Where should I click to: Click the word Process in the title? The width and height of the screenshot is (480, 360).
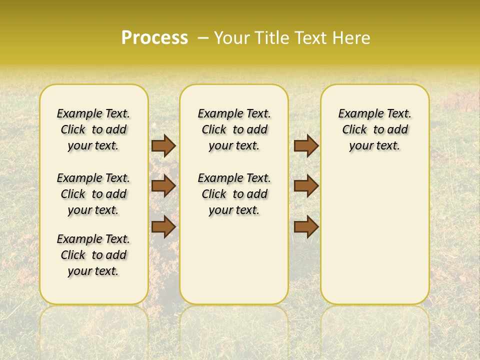coord(154,38)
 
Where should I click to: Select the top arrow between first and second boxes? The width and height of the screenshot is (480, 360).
coord(163,146)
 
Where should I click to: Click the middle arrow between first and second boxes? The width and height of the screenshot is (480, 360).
coord(163,186)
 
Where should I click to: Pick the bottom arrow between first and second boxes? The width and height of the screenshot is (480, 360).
coord(163,226)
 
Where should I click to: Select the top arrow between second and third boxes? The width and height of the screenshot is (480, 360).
coord(306,146)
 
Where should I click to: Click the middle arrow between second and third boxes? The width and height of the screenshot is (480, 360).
coord(306,186)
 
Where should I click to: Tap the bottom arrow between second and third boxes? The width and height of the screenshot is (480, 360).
coord(306,226)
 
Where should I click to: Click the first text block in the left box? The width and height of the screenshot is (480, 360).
coord(93,129)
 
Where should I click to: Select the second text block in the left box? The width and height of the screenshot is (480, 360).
coord(93,194)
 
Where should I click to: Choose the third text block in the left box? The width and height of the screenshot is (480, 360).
coord(93,255)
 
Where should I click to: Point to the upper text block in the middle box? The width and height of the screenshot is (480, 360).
coord(234,129)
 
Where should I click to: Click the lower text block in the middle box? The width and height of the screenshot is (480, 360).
coord(234,194)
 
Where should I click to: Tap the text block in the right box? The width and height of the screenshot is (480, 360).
coord(375,129)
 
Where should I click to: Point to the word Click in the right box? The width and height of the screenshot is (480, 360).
coord(354,130)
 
